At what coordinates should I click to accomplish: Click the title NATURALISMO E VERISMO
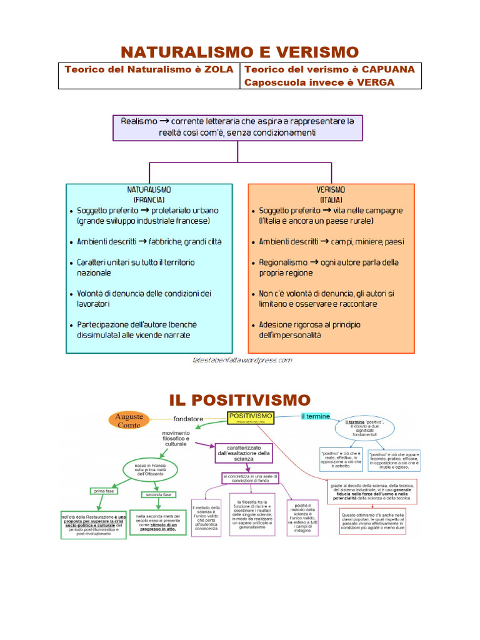240,51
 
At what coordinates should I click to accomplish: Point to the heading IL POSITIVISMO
240,399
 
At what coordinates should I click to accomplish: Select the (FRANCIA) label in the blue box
149,200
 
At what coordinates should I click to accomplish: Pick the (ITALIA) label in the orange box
331,200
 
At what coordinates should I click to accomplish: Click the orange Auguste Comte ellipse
130,421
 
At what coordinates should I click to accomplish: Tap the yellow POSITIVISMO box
251,417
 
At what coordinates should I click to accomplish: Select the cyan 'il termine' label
311,416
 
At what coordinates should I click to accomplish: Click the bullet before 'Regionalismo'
252,263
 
